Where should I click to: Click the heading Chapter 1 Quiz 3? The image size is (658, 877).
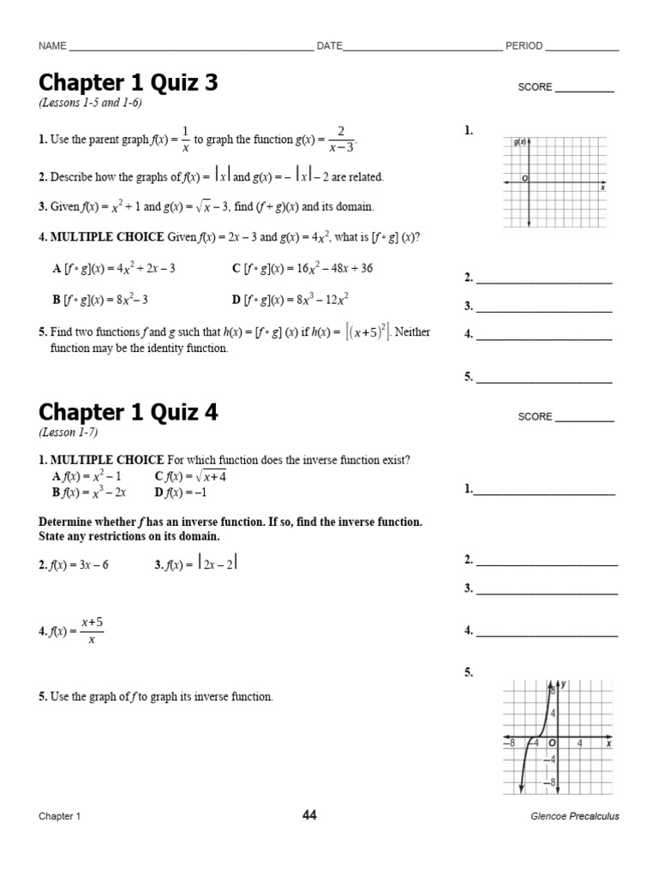[x=129, y=83]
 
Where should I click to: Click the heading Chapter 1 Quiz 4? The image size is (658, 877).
[x=129, y=413]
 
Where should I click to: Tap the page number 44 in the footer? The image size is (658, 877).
[x=309, y=815]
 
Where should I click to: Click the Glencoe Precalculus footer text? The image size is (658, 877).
[x=575, y=816]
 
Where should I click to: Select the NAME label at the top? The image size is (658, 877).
[x=52, y=46]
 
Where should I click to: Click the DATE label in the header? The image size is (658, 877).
[x=330, y=46]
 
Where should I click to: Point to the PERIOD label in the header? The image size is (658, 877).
[x=523, y=46]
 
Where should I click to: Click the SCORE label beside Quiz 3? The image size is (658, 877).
[x=535, y=87]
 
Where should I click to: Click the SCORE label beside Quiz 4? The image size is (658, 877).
[x=535, y=417]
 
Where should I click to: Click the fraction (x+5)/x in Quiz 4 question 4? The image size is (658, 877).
[x=92, y=631]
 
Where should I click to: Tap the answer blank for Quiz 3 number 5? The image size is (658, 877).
[x=544, y=377]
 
